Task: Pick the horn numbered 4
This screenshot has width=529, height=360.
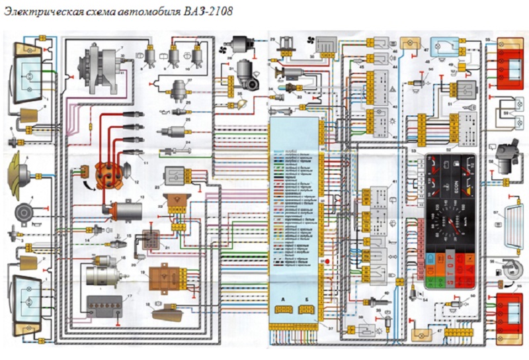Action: click(x=24, y=213)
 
